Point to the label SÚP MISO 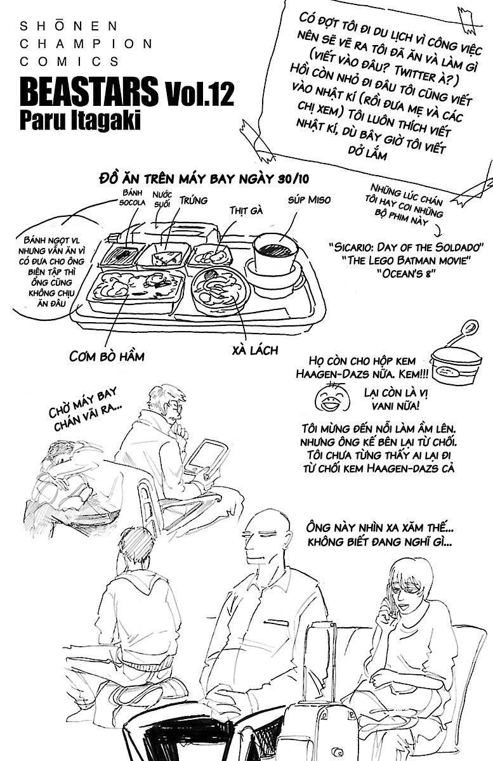click(x=309, y=200)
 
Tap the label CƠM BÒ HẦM click(x=107, y=356)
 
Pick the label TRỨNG click(x=194, y=200)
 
